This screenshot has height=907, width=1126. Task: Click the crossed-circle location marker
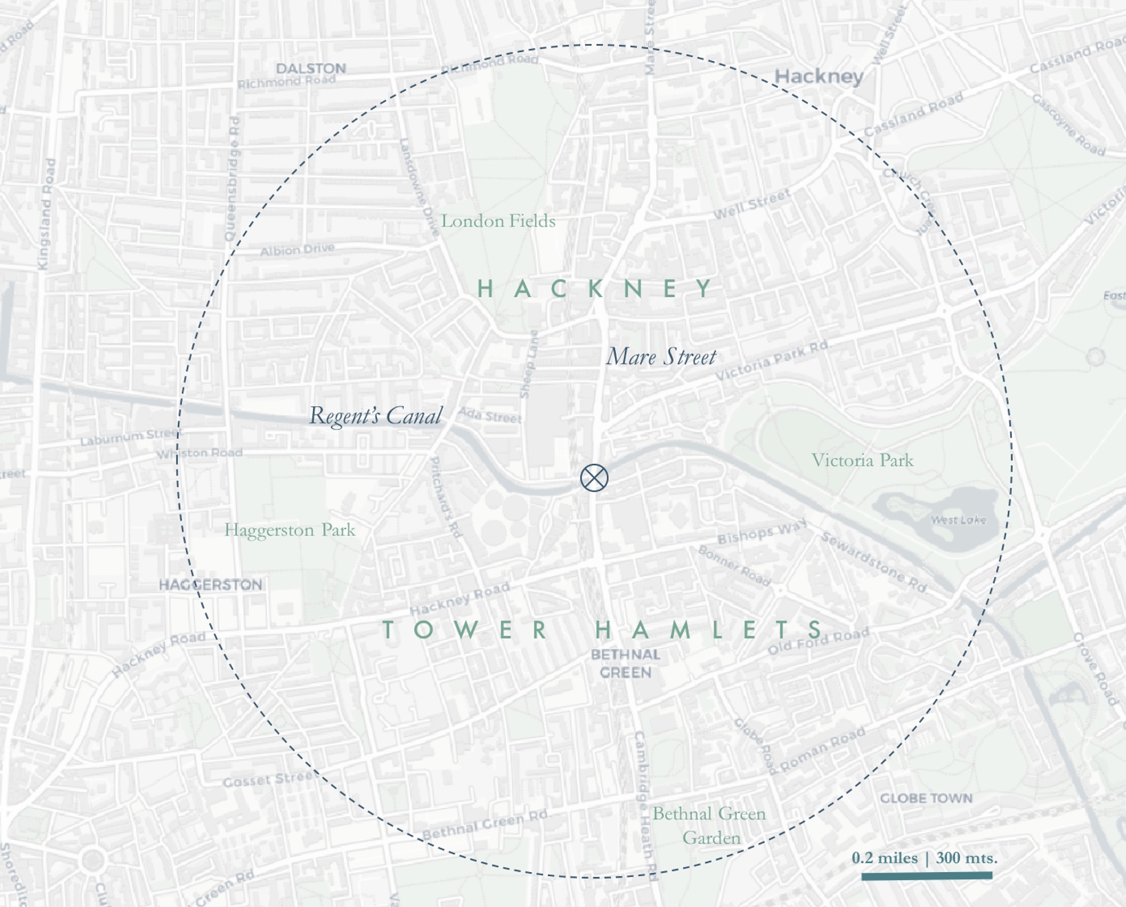coord(594,478)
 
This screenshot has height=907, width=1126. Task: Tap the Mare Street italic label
coord(660,357)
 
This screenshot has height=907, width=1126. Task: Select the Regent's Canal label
coord(376,416)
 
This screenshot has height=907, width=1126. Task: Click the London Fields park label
coord(498,221)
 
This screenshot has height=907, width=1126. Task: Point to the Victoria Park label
coord(862,460)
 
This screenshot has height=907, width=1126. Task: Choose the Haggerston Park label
coord(290,530)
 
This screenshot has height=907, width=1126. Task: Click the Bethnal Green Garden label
coord(709,825)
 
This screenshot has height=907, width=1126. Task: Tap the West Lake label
coord(958,520)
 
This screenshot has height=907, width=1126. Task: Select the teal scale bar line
coord(926,875)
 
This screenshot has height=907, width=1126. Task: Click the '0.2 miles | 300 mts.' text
coord(924,858)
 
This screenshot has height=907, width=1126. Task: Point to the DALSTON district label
coord(311,69)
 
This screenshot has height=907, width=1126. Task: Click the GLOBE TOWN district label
coord(926,798)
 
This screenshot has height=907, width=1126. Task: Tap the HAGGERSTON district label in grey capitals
coord(211,585)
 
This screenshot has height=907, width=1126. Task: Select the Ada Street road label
coord(490,415)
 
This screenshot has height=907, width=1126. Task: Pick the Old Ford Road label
coord(818,641)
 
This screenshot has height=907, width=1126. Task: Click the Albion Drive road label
coord(297,250)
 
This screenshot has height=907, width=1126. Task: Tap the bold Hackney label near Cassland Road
coord(818,76)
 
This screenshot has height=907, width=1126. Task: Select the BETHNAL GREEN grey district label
coord(625,663)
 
